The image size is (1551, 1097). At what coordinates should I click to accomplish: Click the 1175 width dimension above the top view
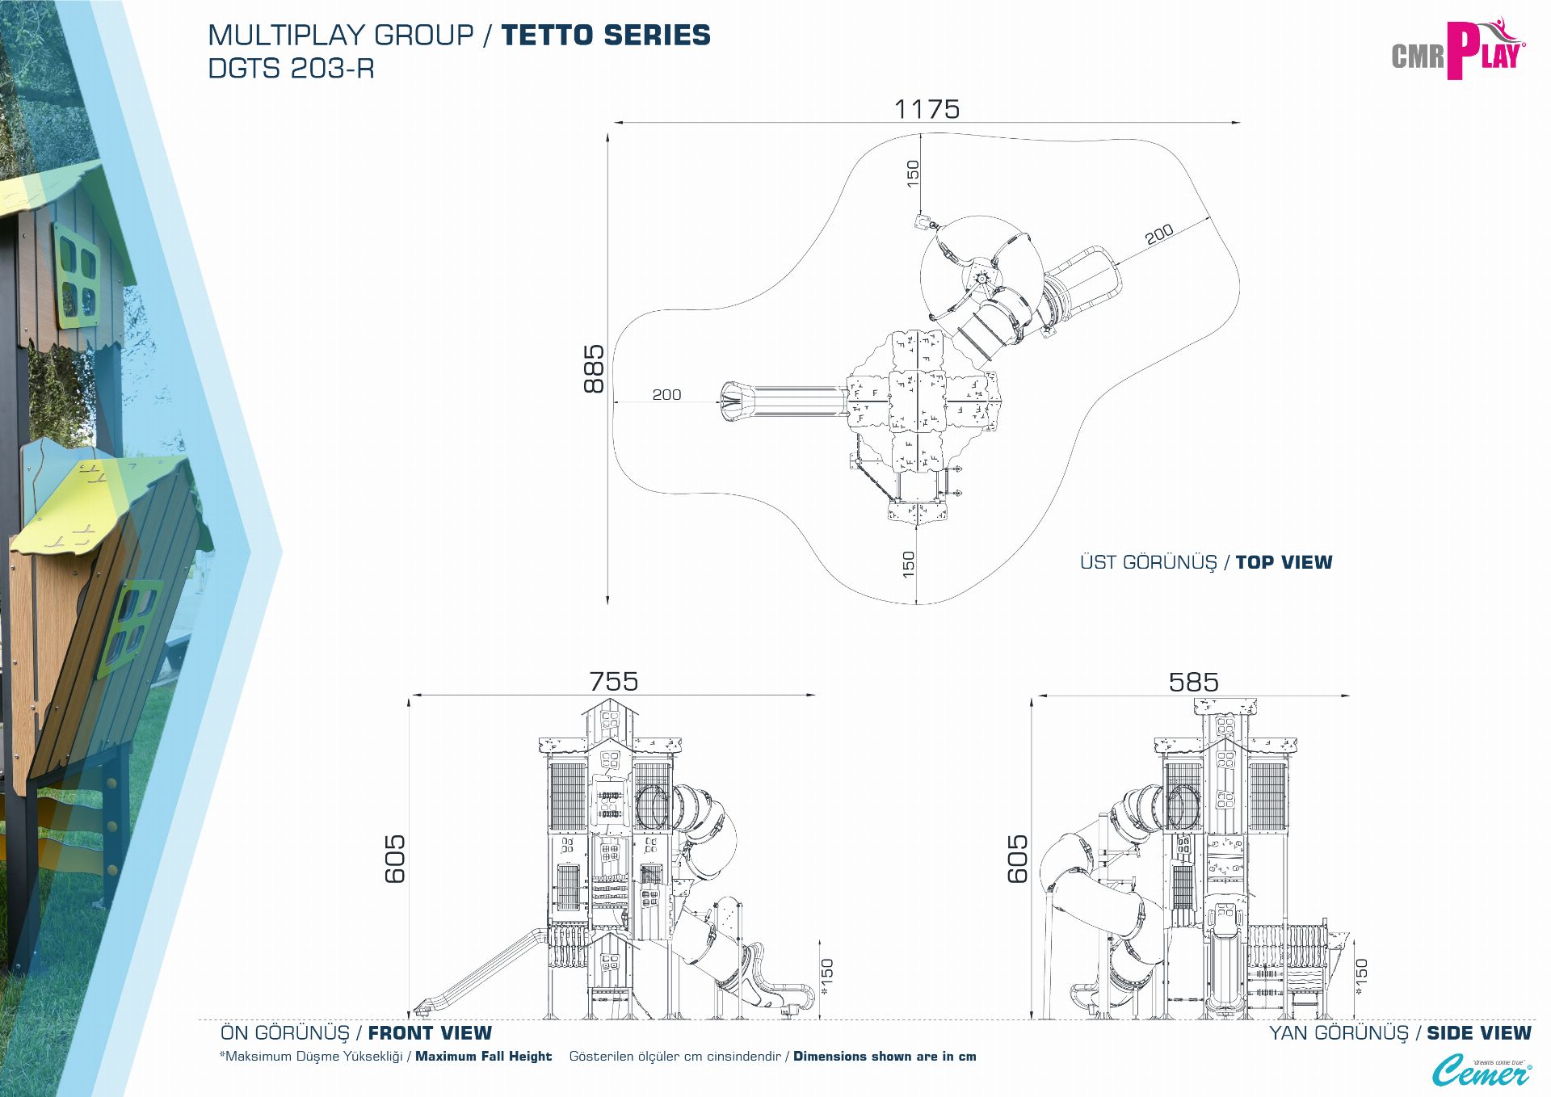click(x=927, y=109)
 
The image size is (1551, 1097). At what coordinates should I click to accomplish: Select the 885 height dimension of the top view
click(x=594, y=369)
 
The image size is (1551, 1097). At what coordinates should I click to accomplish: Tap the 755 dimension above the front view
click(x=613, y=682)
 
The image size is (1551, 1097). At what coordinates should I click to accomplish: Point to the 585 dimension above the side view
click(x=1193, y=683)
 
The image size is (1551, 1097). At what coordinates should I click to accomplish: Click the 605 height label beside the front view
click(x=395, y=859)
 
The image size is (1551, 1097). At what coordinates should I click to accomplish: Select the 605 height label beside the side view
click(x=1018, y=859)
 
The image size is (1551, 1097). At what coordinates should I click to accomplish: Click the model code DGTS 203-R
click(x=291, y=69)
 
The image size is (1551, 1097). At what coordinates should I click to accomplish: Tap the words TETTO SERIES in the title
click(x=605, y=36)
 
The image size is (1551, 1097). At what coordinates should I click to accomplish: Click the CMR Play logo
click(x=1457, y=50)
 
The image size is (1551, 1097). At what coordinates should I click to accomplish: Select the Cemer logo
click(x=1481, y=1071)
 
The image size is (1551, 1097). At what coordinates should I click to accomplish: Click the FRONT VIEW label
click(x=430, y=1033)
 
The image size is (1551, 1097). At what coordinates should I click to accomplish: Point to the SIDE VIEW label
click(x=1478, y=1033)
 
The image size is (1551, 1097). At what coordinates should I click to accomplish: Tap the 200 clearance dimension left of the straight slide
click(x=666, y=395)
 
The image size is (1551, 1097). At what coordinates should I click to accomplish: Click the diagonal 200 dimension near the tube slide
click(x=1159, y=234)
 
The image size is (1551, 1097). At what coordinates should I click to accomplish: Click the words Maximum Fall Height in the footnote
click(x=483, y=1057)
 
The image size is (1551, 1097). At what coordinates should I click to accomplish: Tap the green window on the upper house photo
click(x=78, y=271)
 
